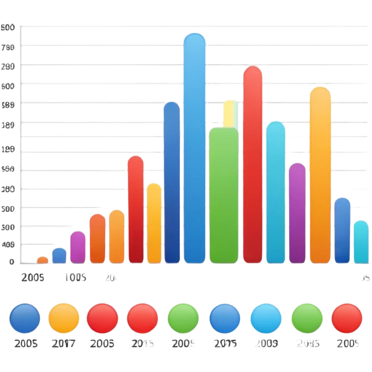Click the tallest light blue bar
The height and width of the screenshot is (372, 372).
(x=195, y=147)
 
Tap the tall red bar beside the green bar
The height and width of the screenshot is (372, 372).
(x=253, y=163)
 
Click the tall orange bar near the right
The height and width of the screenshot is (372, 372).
(x=320, y=174)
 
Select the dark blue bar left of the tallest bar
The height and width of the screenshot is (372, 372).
(x=172, y=182)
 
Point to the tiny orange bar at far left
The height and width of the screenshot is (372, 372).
(x=42, y=260)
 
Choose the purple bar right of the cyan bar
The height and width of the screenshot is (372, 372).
(x=297, y=212)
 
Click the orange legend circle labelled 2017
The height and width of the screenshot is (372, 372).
(x=64, y=318)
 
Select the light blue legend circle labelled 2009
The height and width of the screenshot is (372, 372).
(x=266, y=319)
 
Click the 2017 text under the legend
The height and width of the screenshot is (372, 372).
(x=64, y=344)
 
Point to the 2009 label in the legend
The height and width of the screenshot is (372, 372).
(x=266, y=344)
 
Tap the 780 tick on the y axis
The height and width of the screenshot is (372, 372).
(x=9, y=47)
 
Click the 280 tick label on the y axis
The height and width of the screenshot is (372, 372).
(x=9, y=67)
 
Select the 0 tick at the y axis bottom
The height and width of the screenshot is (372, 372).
(x=11, y=261)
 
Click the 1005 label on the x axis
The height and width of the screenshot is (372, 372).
(x=75, y=277)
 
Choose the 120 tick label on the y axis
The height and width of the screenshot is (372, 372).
(x=9, y=149)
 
